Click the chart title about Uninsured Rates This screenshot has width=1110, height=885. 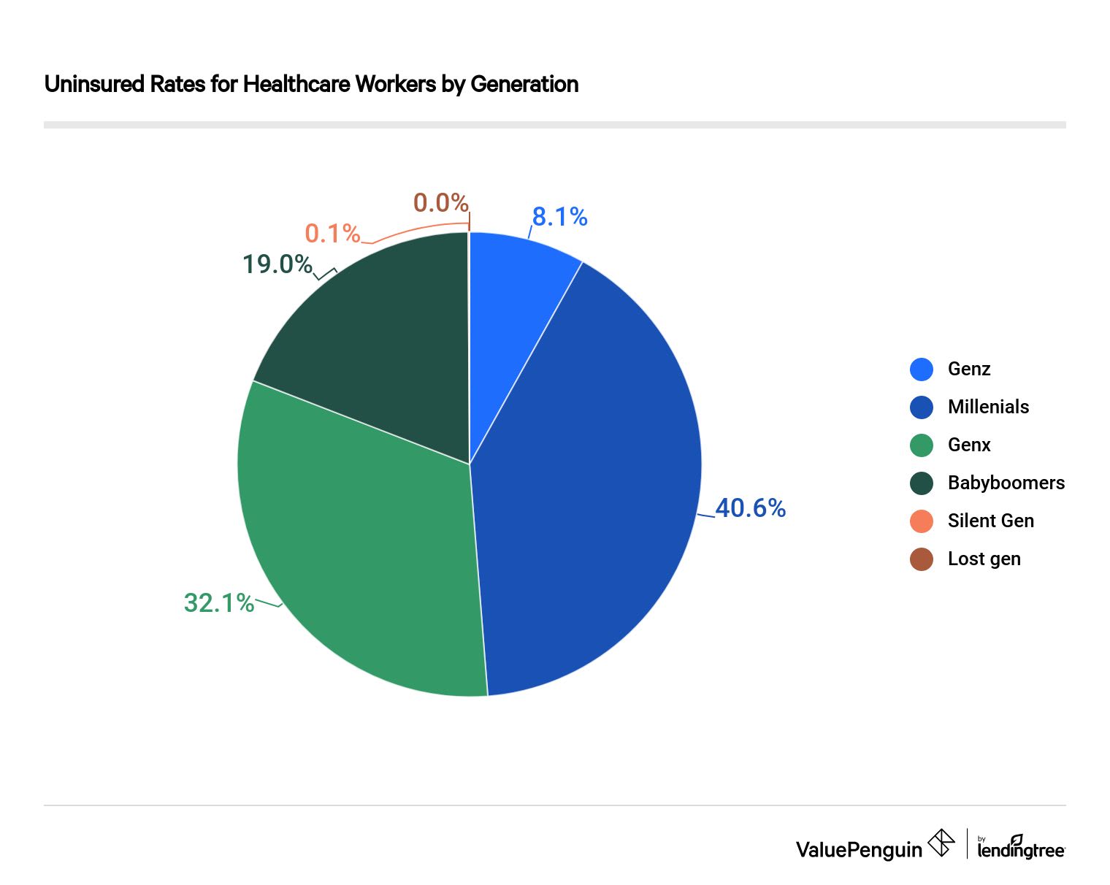[311, 84]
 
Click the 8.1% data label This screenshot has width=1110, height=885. [559, 217]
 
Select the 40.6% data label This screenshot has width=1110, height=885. [750, 508]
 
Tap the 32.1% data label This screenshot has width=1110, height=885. [218, 603]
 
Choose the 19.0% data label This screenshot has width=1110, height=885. [277, 264]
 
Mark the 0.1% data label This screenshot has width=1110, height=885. [332, 234]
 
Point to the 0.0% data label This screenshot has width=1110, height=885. [440, 202]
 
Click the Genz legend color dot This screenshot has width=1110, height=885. [922, 369]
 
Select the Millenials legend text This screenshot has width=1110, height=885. [988, 407]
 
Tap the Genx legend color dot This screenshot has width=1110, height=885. [922, 445]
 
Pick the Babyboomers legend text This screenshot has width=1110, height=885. [1006, 483]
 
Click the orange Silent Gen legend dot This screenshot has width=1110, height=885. [922, 521]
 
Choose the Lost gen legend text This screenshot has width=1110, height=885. [984, 559]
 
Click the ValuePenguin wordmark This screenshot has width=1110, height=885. [859, 850]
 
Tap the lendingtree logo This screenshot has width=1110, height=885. [1020, 848]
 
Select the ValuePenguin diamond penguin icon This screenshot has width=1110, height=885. [941, 843]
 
